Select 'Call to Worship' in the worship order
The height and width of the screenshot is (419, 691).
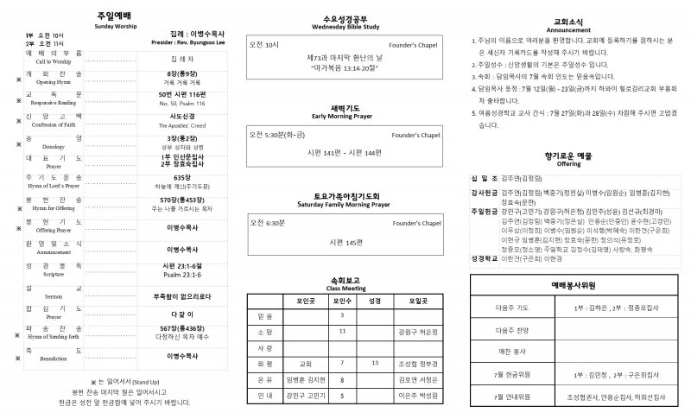tap(54, 62)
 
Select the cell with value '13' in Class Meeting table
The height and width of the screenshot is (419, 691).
tap(375, 363)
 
